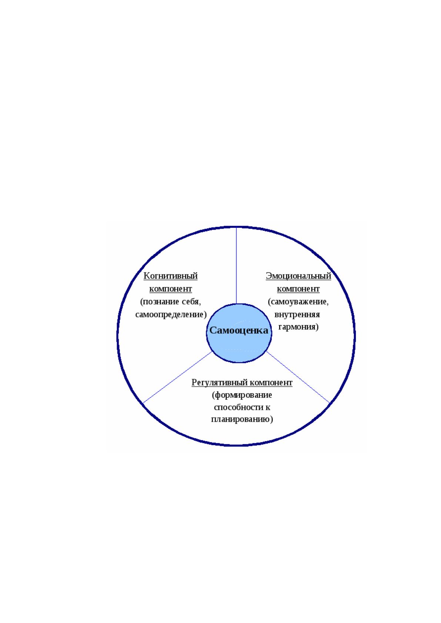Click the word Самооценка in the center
238,330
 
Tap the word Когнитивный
170,276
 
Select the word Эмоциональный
298,276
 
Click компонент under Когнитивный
170,289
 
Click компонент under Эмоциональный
298,289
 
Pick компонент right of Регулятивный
271,383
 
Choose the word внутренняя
297,314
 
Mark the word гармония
298,327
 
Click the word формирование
242,395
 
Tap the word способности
237,407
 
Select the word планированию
242,420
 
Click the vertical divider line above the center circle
236,266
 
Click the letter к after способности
267,408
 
